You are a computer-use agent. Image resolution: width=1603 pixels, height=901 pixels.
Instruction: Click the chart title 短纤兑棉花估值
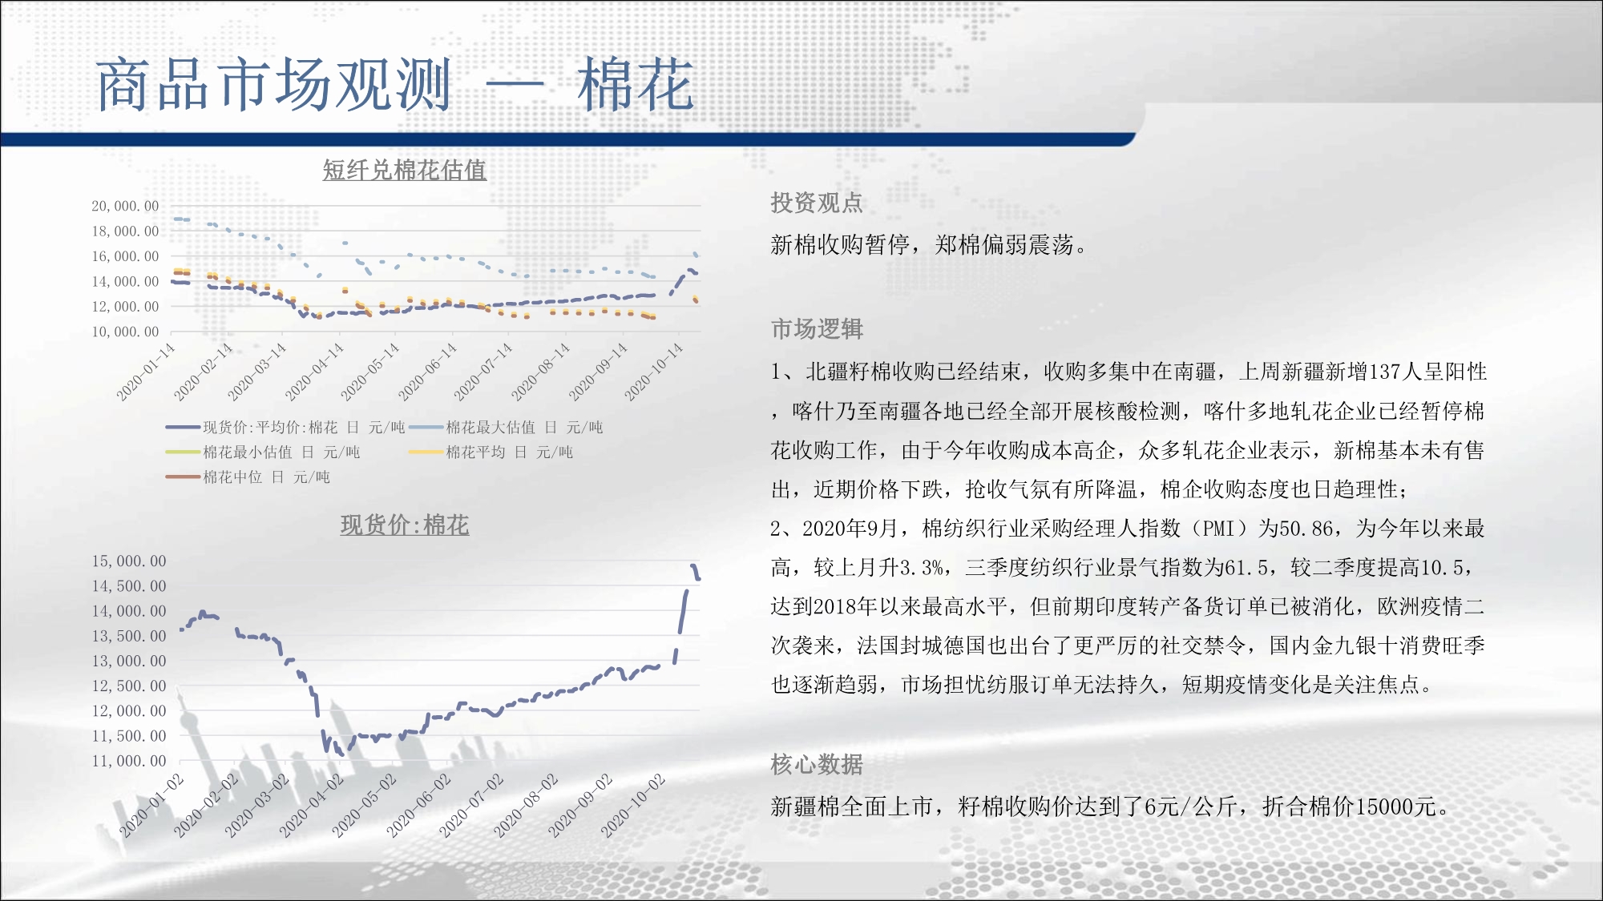click(404, 170)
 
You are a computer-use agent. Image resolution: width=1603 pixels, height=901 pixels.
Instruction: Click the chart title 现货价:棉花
click(405, 525)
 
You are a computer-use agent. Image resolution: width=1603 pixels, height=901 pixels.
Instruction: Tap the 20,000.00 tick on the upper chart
click(125, 206)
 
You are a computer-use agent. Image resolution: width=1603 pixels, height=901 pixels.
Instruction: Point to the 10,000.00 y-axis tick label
click(125, 332)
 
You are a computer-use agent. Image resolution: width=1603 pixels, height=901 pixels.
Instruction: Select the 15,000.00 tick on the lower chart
click(129, 561)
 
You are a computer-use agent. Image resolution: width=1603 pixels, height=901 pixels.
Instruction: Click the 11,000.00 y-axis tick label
click(129, 761)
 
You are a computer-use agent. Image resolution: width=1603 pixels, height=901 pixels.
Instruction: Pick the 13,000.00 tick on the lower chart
click(129, 661)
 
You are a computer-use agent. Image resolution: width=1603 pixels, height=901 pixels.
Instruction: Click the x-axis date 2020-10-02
click(633, 806)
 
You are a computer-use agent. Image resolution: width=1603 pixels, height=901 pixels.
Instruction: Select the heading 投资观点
click(817, 203)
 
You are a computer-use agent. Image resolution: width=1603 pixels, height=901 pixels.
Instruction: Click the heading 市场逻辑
click(817, 328)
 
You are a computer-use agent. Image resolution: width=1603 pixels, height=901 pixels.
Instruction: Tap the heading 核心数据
click(817, 764)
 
